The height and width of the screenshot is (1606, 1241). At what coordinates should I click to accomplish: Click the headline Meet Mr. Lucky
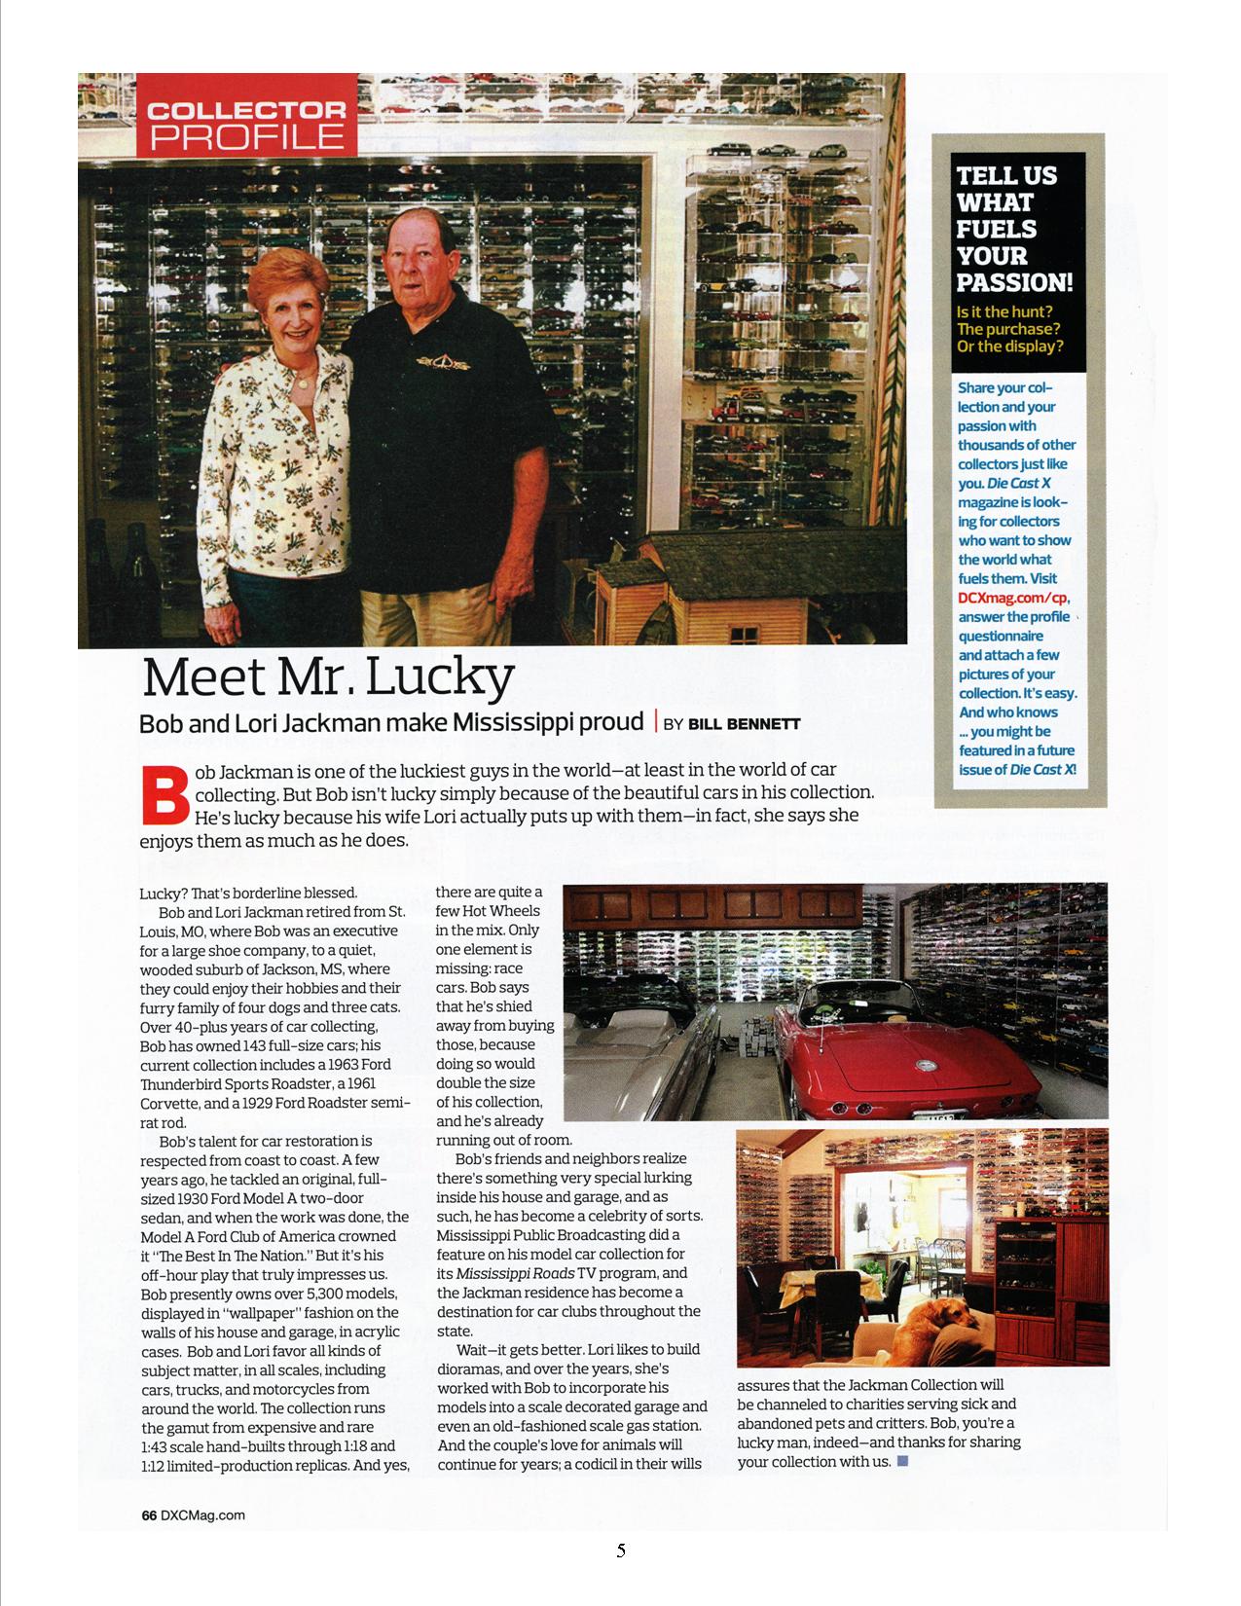click(328, 676)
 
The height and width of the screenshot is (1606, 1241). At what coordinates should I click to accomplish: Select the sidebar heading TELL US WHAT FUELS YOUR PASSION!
click(1013, 230)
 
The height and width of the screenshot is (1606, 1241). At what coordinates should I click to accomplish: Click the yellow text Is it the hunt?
click(1004, 311)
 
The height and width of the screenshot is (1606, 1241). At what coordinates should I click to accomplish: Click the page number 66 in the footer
click(149, 1515)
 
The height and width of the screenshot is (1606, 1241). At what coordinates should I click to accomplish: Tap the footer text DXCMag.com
click(202, 1515)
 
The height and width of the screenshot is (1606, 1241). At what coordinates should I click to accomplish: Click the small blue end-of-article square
click(902, 1460)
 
